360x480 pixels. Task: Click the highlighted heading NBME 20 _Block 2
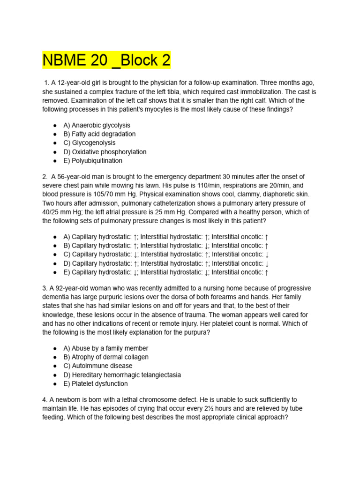pos(106,60)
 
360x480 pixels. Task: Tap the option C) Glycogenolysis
pos(90,143)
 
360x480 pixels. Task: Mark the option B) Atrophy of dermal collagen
pos(106,357)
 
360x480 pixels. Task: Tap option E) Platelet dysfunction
pos(95,384)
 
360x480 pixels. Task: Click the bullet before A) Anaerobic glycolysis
pos(55,125)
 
